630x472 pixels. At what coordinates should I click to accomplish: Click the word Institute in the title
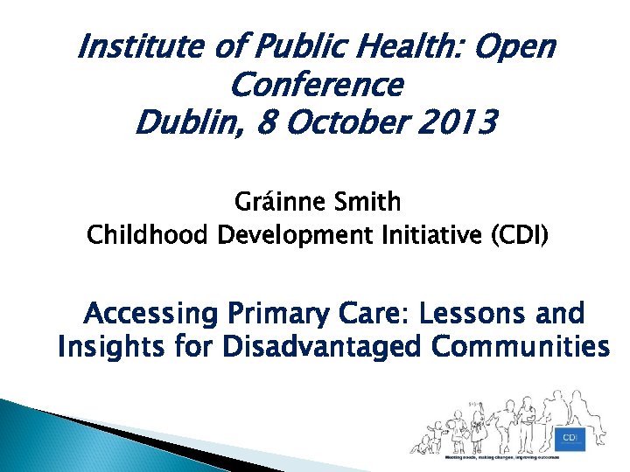pos(136,47)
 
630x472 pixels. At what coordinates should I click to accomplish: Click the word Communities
pos(520,347)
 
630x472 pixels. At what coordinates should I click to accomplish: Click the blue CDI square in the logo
pos(569,436)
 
